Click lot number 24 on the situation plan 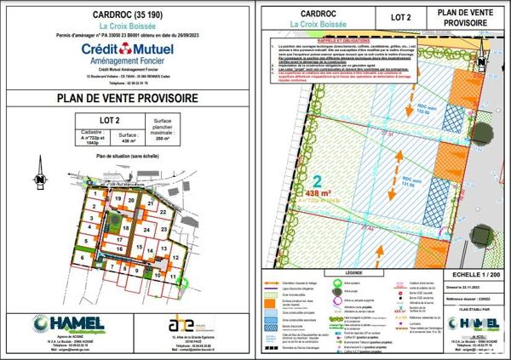pyautogui.click(x=146, y=231)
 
